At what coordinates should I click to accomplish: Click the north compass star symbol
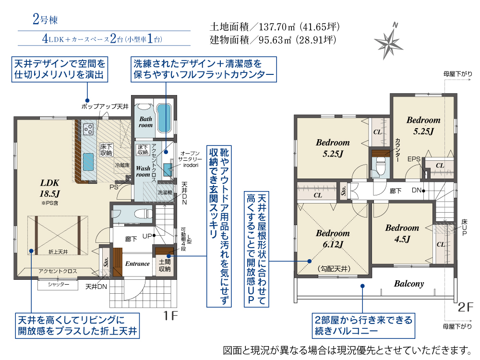[x=388, y=42]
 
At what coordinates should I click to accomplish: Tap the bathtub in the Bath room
[x=164, y=118]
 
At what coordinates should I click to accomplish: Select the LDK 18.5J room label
[x=49, y=188]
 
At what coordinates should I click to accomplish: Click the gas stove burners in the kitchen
[x=88, y=129]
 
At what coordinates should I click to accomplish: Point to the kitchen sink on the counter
[x=88, y=162]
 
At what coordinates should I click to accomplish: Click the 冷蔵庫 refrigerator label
[x=122, y=165]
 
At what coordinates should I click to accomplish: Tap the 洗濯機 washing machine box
[x=165, y=192]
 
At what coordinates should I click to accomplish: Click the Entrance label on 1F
[x=137, y=264]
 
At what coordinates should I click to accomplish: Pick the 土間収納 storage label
[x=165, y=265]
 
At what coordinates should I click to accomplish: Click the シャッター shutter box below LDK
[x=58, y=285]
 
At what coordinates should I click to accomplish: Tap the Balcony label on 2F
[x=408, y=284]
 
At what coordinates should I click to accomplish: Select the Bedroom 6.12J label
[x=333, y=239]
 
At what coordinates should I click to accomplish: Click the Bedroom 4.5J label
[x=402, y=233]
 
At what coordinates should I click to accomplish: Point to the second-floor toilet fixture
[x=380, y=166]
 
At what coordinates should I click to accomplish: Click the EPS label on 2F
[x=414, y=159]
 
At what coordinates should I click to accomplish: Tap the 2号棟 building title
[x=45, y=20]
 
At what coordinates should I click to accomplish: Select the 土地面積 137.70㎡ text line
[x=275, y=27]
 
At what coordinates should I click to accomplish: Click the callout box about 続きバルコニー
[x=363, y=325]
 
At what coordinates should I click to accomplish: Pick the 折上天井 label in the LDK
[x=58, y=252]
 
